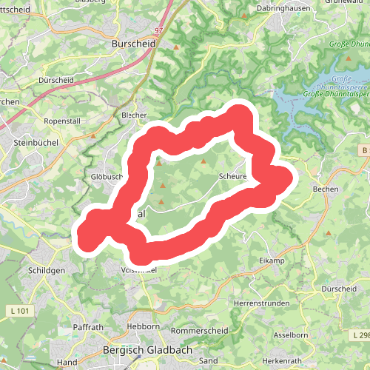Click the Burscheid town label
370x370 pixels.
(132, 44)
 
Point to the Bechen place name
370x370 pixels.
(326, 189)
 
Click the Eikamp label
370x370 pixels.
(272, 261)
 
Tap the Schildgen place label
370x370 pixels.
(48, 271)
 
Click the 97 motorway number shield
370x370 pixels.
(158, 30)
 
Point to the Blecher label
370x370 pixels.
(135, 115)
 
